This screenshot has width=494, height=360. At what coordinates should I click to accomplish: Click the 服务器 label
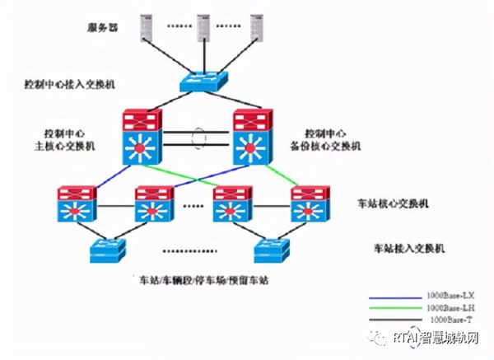(103, 26)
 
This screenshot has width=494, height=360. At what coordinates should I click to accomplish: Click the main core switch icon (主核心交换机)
(145, 137)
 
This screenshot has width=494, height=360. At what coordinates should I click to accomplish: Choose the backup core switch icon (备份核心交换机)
(254, 137)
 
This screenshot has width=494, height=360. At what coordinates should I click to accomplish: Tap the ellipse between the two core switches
(199, 137)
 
